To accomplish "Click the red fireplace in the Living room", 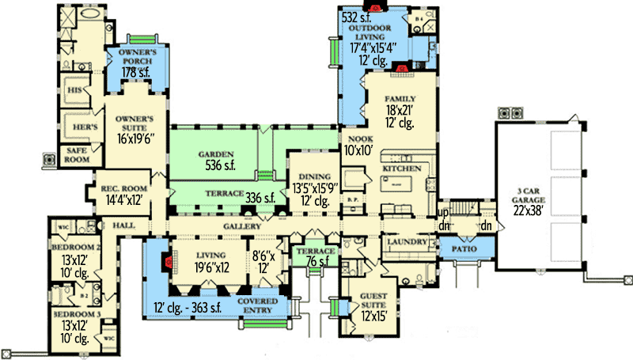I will [169, 263].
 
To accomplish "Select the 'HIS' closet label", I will [77, 91].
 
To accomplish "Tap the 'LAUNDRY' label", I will [407, 241].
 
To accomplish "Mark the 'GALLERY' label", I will [242, 226].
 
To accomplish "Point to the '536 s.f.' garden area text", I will [216, 166].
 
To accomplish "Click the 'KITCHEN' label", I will [400, 169].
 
